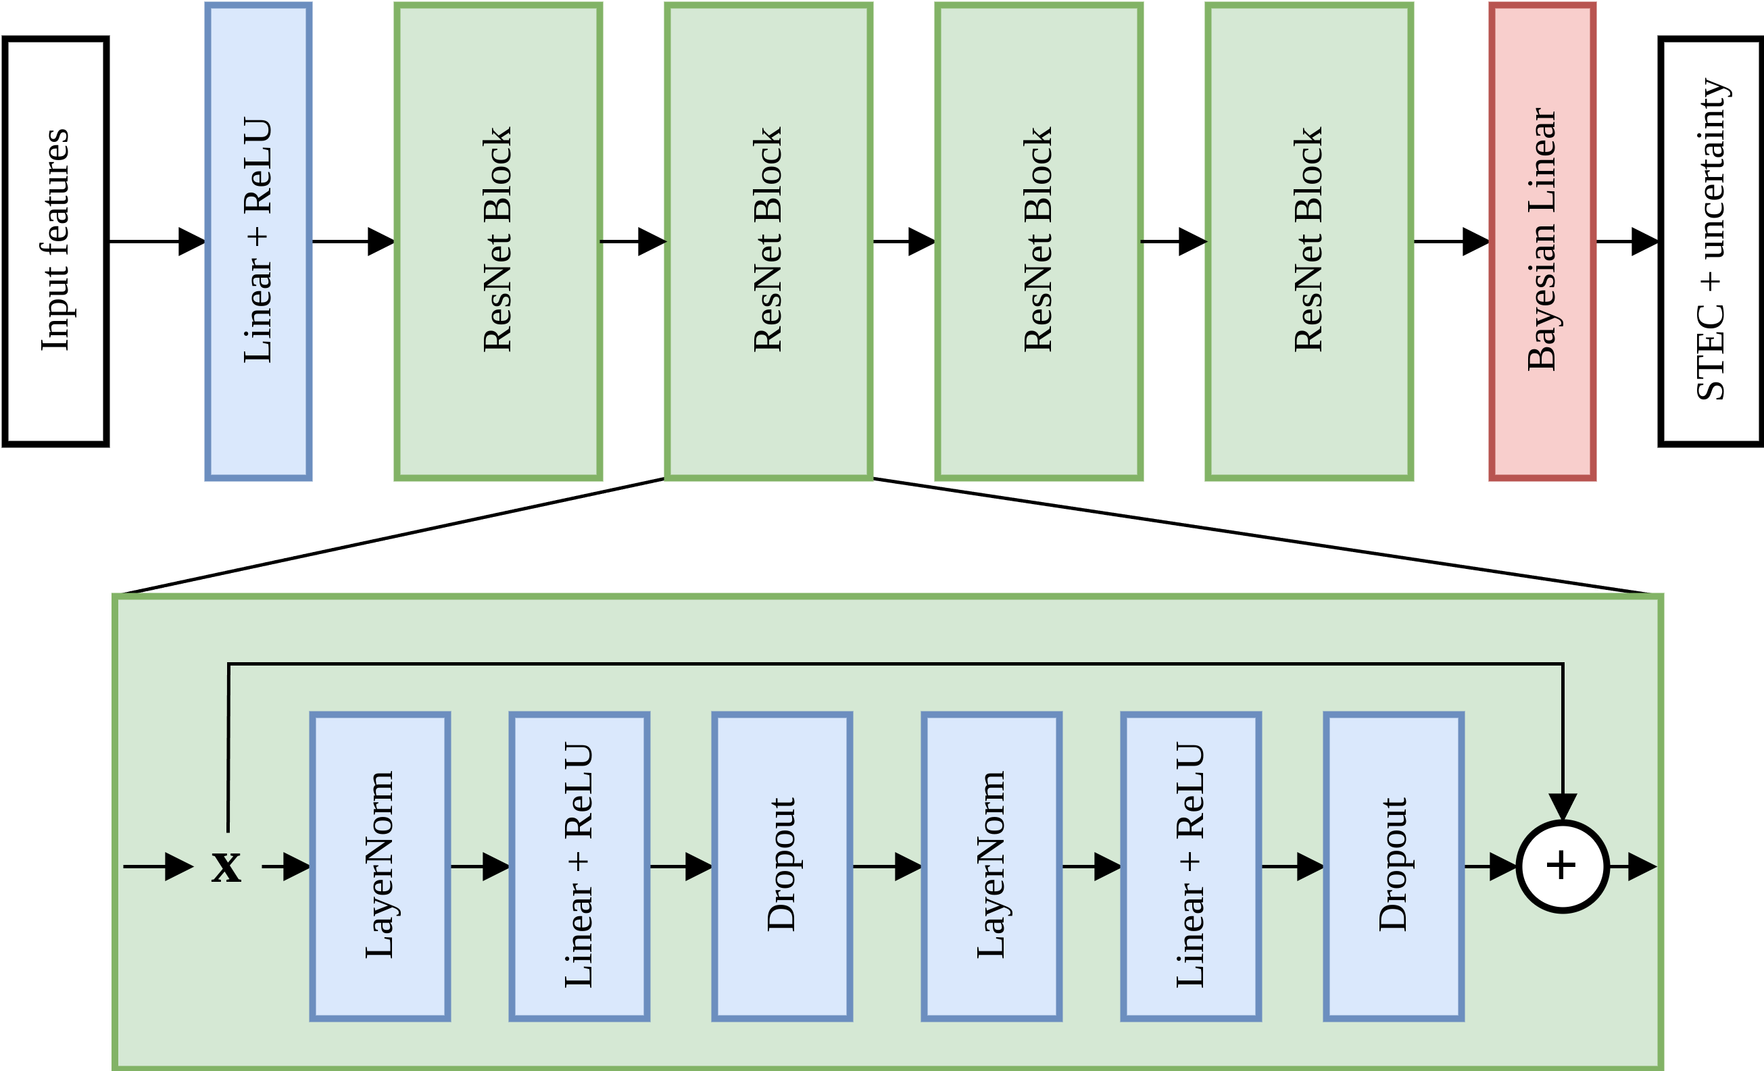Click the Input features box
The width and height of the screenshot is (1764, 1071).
pyautogui.click(x=56, y=241)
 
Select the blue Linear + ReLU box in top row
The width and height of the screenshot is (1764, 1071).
pyautogui.click(x=258, y=241)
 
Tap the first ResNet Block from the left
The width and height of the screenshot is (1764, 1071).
pyautogui.click(x=498, y=241)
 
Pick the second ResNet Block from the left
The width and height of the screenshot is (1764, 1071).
pyautogui.click(x=768, y=241)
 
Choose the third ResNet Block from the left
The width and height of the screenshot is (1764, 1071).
pyautogui.click(x=1039, y=241)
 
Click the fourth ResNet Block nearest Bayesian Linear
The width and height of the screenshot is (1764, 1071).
pyautogui.click(x=1308, y=241)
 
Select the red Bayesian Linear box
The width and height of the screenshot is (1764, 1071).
pyautogui.click(x=1542, y=241)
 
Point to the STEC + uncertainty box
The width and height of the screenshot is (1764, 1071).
pyautogui.click(x=1711, y=241)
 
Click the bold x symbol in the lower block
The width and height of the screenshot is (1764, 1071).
pyautogui.click(x=226, y=867)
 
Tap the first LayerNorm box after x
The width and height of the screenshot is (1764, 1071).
pyautogui.click(x=380, y=866)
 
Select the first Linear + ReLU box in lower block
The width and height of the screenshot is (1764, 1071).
pyautogui.click(x=579, y=866)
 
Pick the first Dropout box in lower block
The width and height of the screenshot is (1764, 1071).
pyautogui.click(x=783, y=866)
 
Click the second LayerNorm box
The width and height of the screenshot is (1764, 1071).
pyautogui.click(x=991, y=866)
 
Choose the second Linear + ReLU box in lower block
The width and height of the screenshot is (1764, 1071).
pyautogui.click(x=1191, y=866)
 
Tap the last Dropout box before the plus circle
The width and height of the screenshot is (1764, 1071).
pyautogui.click(x=1394, y=866)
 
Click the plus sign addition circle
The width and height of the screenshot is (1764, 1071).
pyautogui.click(x=1563, y=866)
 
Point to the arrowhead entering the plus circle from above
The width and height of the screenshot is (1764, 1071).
pyautogui.click(x=1563, y=807)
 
